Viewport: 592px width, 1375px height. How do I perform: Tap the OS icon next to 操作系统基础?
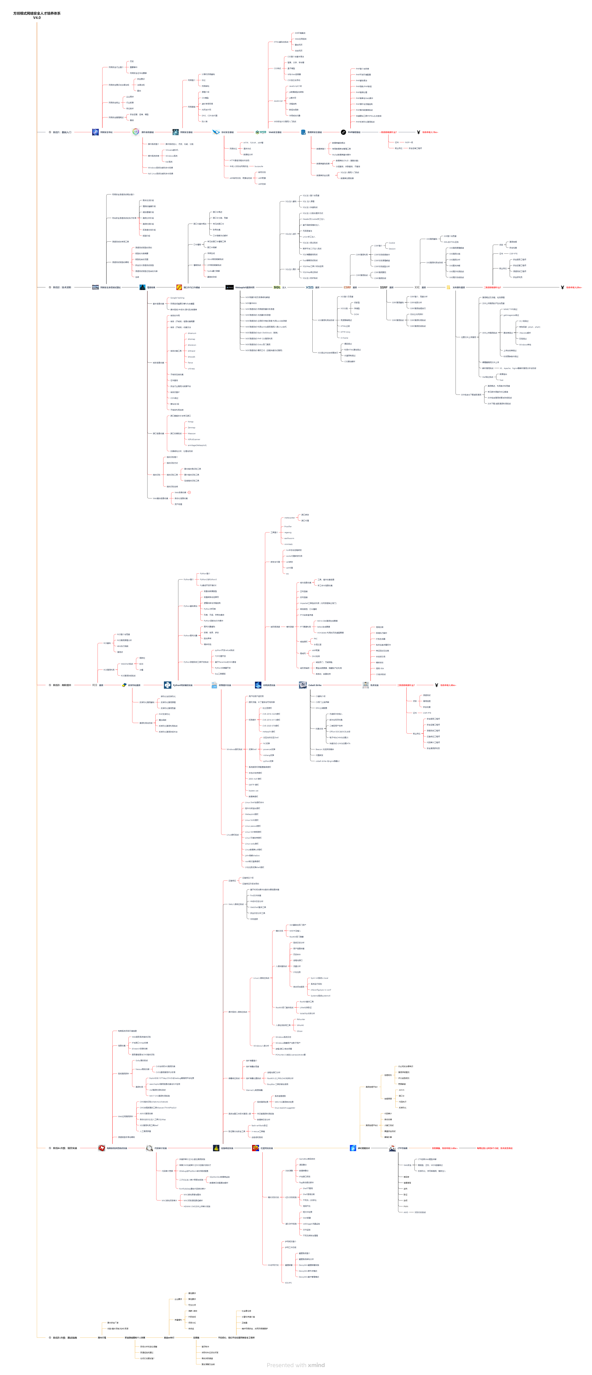[136, 132]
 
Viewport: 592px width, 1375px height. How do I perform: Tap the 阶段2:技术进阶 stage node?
[61, 287]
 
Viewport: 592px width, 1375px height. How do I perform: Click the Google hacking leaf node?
[177, 298]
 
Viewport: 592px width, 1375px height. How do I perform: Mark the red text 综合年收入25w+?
[574, 287]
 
